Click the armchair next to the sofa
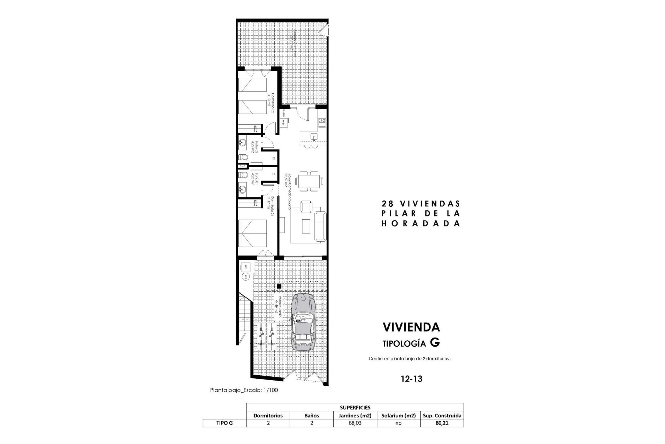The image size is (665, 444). point(306,207)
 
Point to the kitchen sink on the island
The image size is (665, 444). point(314,137)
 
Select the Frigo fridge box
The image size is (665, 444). point(284,122)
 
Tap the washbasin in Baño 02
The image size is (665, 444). point(242,142)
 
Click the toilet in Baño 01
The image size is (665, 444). point(243,174)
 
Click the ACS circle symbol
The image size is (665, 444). point(246,276)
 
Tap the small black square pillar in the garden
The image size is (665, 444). point(279,286)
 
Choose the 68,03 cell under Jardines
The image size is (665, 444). point(355,423)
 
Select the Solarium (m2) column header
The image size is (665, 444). point(398,415)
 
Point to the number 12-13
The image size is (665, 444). point(411,379)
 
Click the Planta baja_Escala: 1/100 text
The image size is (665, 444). point(244,390)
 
